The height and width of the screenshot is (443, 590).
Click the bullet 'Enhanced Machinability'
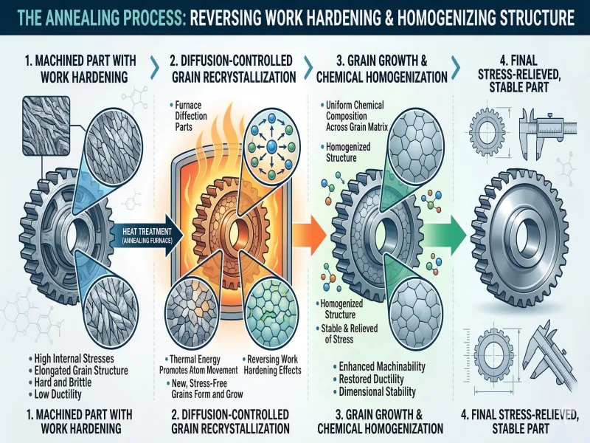(x=383, y=366)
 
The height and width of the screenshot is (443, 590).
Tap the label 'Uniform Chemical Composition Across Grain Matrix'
(x=369, y=117)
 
